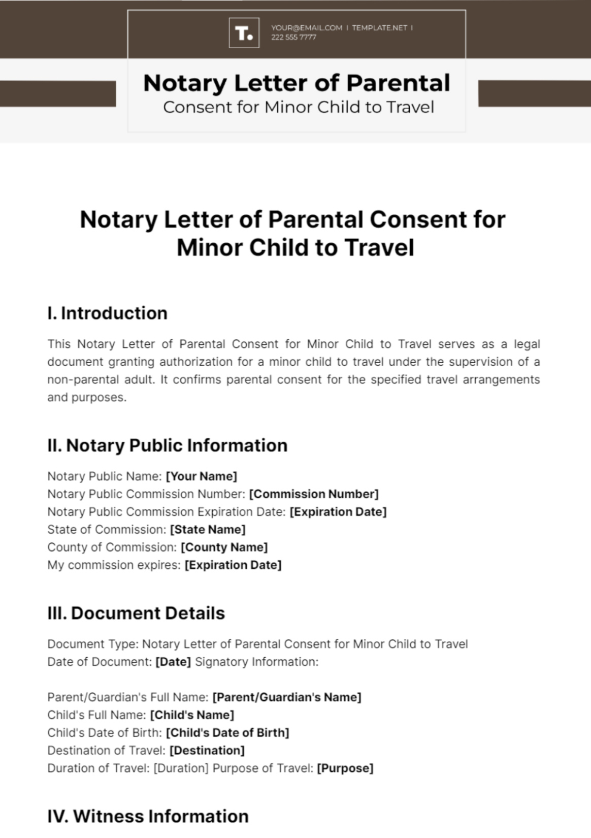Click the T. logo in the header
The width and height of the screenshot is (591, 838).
[244, 33]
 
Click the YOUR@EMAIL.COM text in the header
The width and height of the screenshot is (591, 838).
[307, 28]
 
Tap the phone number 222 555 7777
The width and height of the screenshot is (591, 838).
[293, 37]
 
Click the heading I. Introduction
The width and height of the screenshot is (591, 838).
[107, 313]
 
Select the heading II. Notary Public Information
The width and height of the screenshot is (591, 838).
[167, 445]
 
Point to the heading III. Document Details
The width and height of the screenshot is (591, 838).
[136, 613]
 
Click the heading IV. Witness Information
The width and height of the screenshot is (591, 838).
[148, 816]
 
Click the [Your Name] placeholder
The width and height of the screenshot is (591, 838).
[202, 476]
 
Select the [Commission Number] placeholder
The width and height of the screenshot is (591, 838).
[314, 494]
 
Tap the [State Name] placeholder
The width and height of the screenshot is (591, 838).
[208, 529]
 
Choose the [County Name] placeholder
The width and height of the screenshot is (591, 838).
[224, 547]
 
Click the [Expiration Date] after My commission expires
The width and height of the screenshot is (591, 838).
[233, 565]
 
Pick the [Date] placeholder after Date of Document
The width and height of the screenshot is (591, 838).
[173, 661]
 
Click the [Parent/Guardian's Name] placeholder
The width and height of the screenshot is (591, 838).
[286, 697]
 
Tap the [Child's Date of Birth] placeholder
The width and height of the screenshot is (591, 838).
[227, 732]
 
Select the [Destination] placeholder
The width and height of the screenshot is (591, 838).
[207, 750]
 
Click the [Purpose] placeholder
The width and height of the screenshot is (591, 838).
[345, 768]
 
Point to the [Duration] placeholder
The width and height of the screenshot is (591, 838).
[181, 768]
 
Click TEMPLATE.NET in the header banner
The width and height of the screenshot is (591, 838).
[379, 28]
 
